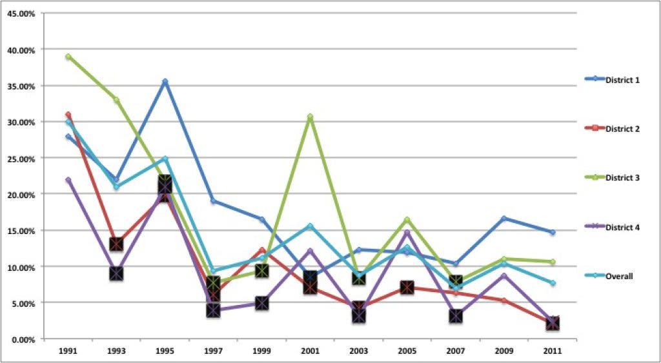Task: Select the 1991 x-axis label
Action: click(x=68, y=351)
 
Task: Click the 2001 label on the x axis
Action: click(x=310, y=351)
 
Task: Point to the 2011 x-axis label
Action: click(x=552, y=351)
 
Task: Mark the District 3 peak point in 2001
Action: click(x=310, y=117)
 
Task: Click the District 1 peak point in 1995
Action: click(x=165, y=81)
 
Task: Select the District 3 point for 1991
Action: click(x=68, y=57)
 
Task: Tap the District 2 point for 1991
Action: click(x=68, y=115)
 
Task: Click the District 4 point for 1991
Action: click(x=68, y=180)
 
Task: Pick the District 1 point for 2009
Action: click(x=503, y=218)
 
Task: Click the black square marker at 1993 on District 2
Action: click(x=116, y=244)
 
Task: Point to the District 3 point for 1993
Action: click(x=116, y=99)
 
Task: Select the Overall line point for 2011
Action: click(x=552, y=283)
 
